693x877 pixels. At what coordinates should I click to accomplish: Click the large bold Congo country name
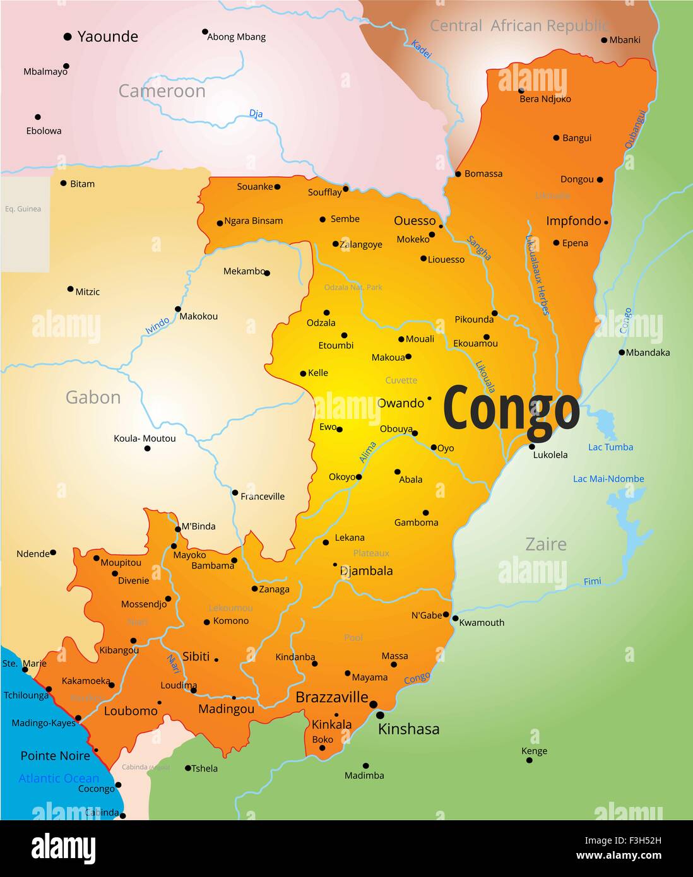tap(511, 409)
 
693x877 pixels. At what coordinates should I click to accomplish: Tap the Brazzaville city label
tap(332, 697)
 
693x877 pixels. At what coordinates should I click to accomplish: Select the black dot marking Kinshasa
tap(380, 715)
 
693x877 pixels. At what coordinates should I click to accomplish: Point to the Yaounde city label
tap(107, 37)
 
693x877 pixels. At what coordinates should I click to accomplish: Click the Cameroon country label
tap(162, 91)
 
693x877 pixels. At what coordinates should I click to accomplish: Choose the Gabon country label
tap(93, 397)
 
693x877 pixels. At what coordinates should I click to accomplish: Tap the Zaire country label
tap(546, 544)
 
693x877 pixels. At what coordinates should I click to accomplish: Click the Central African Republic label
tap(519, 26)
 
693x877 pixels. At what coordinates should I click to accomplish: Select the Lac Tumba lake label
tap(610, 447)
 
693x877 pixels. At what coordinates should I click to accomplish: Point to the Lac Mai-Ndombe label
tap(608, 479)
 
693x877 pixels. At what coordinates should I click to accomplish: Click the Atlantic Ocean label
tap(59, 779)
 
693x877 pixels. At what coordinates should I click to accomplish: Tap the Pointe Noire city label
tap(55, 756)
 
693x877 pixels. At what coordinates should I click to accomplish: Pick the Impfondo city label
tap(573, 221)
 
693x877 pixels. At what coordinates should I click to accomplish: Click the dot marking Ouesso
tap(441, 226)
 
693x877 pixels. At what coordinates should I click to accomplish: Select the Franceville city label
tap(263, 497)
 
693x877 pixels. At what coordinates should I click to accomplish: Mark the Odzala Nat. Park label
tap(353, 288)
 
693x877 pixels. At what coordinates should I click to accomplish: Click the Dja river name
tap(256, 114)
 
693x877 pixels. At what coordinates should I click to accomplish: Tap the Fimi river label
tap(592, 582)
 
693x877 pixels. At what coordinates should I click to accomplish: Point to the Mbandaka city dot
tap(622, 353)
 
